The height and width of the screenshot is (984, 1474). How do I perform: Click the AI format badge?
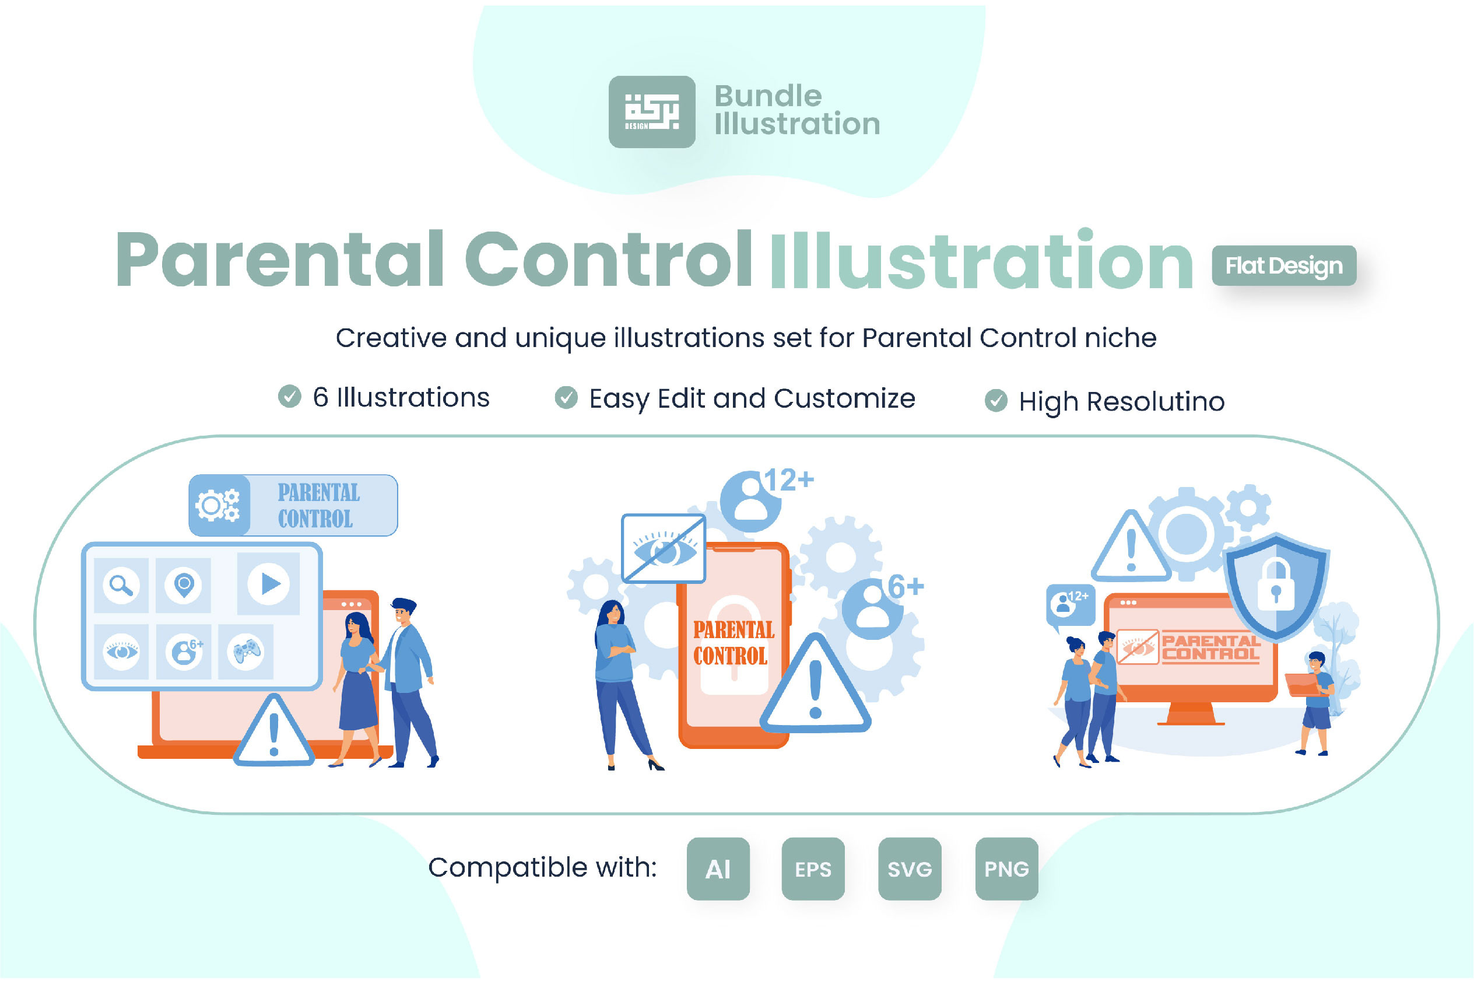click(x=718, y=869)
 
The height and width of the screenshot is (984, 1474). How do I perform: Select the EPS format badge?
click(x=813, y=869)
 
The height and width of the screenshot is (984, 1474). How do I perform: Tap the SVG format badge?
click(x=910, y=869)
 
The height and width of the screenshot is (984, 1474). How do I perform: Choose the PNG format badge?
click(x=1007, y=869)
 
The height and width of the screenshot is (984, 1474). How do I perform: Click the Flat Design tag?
click(x=1284, y=265)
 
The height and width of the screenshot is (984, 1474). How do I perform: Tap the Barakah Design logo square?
click(x=652, y=112)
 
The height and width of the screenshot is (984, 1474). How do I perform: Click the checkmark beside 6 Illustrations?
click(x=289, y=396)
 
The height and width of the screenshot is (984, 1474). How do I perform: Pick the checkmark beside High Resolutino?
click(x=996, y=400)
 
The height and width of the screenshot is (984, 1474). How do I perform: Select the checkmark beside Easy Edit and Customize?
click(x=566, y=397)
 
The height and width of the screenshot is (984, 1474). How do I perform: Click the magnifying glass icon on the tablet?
click(x=121, y=585)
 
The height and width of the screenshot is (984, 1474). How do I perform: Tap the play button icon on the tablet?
click(x=268, y=584)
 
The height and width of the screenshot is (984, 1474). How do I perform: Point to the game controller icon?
click(x=246, y=652)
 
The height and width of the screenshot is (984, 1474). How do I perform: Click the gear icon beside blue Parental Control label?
click(x=217, y=505)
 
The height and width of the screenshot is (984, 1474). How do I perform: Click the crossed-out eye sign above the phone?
click(x=663, y=548)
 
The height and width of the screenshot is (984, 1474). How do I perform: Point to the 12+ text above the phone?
click(x=788, y=481)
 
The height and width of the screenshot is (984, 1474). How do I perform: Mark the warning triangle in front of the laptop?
click(x=273, y=730)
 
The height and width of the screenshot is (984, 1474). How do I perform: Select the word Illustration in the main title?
click(x=982, y=260)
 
